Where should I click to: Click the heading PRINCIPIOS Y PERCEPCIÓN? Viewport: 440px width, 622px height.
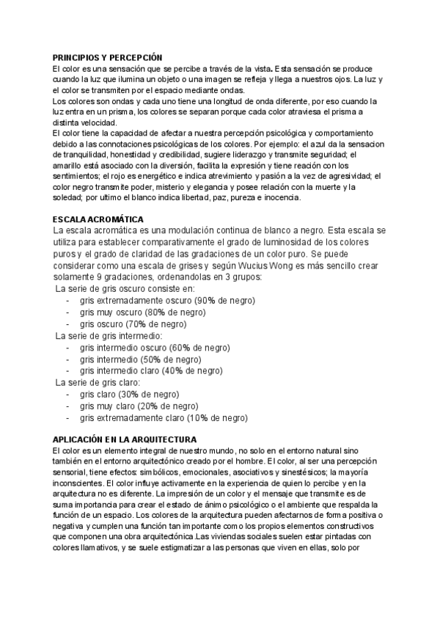click(x=108, y=57)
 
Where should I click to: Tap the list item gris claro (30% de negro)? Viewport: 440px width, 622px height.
click(x=130, y=394)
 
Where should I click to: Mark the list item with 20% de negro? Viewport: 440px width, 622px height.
click(x=139, y=406)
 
